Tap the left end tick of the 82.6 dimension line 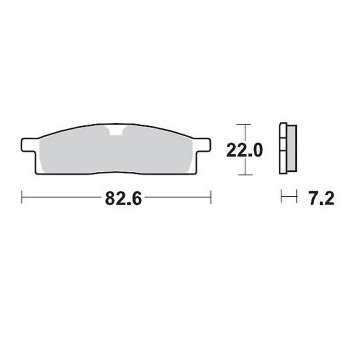click(23, 197)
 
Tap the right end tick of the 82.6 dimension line click(210, 197)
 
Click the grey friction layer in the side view click(291, 149)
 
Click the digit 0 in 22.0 click(256, 150)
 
